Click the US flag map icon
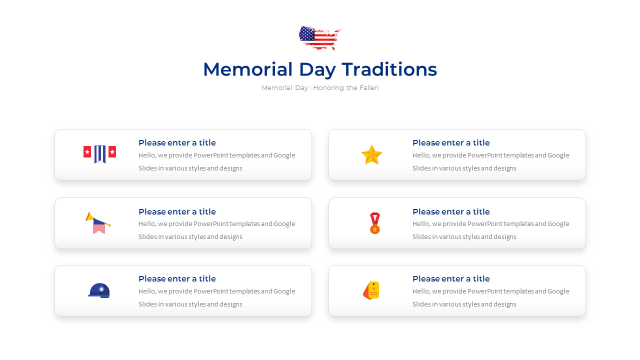coord(319,38)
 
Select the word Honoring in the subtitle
coord(328,88)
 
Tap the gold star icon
coord(371,155)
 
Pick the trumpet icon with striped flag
coord(98,223)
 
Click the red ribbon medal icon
coord(374,223)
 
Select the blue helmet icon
coord(99,290)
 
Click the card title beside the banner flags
coord(177,143)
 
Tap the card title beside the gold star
coord(451,143)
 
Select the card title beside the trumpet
coord(177,212)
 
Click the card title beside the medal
coord(451,212)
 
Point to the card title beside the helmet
coord(177,279)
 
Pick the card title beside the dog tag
coord(451,279)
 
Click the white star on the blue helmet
coord(101,288)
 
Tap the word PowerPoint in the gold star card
coord(484,155)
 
